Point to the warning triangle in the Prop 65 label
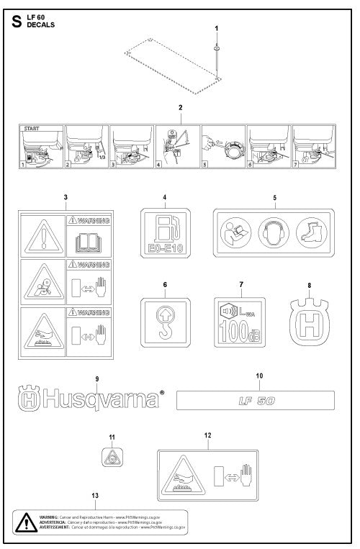[26, 521]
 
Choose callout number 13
[96, 495]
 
